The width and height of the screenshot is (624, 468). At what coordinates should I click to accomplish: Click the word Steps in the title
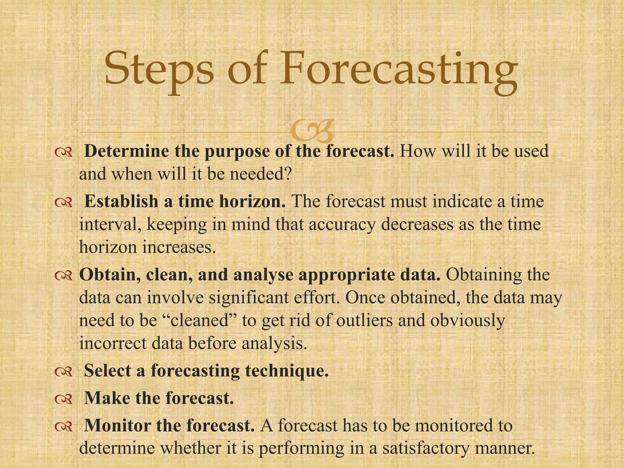[x=159, y=69]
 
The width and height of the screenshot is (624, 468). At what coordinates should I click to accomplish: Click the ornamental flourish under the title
[x=311, y=131]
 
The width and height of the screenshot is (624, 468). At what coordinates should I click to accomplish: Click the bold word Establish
[x=121, y=201]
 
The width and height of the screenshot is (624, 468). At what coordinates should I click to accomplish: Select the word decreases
[x=417, y=224]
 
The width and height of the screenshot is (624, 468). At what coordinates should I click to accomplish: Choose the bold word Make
[x=107, y=398]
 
